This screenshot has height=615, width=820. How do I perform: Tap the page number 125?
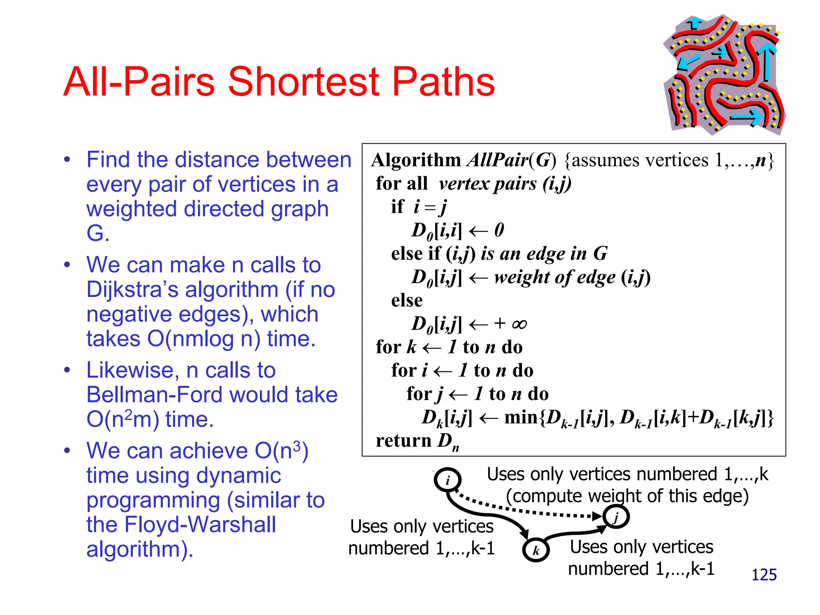764,575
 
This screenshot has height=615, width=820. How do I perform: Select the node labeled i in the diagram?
448,480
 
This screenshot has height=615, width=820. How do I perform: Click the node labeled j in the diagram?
617,517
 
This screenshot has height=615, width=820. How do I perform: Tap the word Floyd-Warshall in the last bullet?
200,525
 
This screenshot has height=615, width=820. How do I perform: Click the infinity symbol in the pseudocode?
519,324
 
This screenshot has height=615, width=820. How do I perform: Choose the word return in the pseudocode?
403,440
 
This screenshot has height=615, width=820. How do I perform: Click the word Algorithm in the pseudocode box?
416,160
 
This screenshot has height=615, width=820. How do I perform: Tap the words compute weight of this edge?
627,496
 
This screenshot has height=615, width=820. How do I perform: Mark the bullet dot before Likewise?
67,370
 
